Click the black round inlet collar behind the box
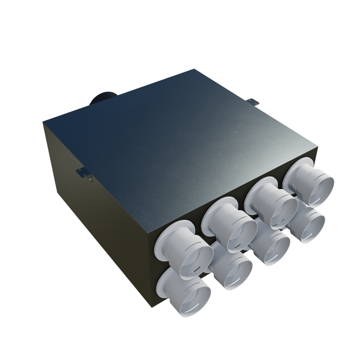pyautogui.click(x=103, y=99)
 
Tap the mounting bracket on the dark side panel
pyautogui.click(x=84, y=174)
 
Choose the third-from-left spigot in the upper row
pyautogui.click(x=273, y=202)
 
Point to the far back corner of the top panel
pyautogui.click(x=194, y=69)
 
